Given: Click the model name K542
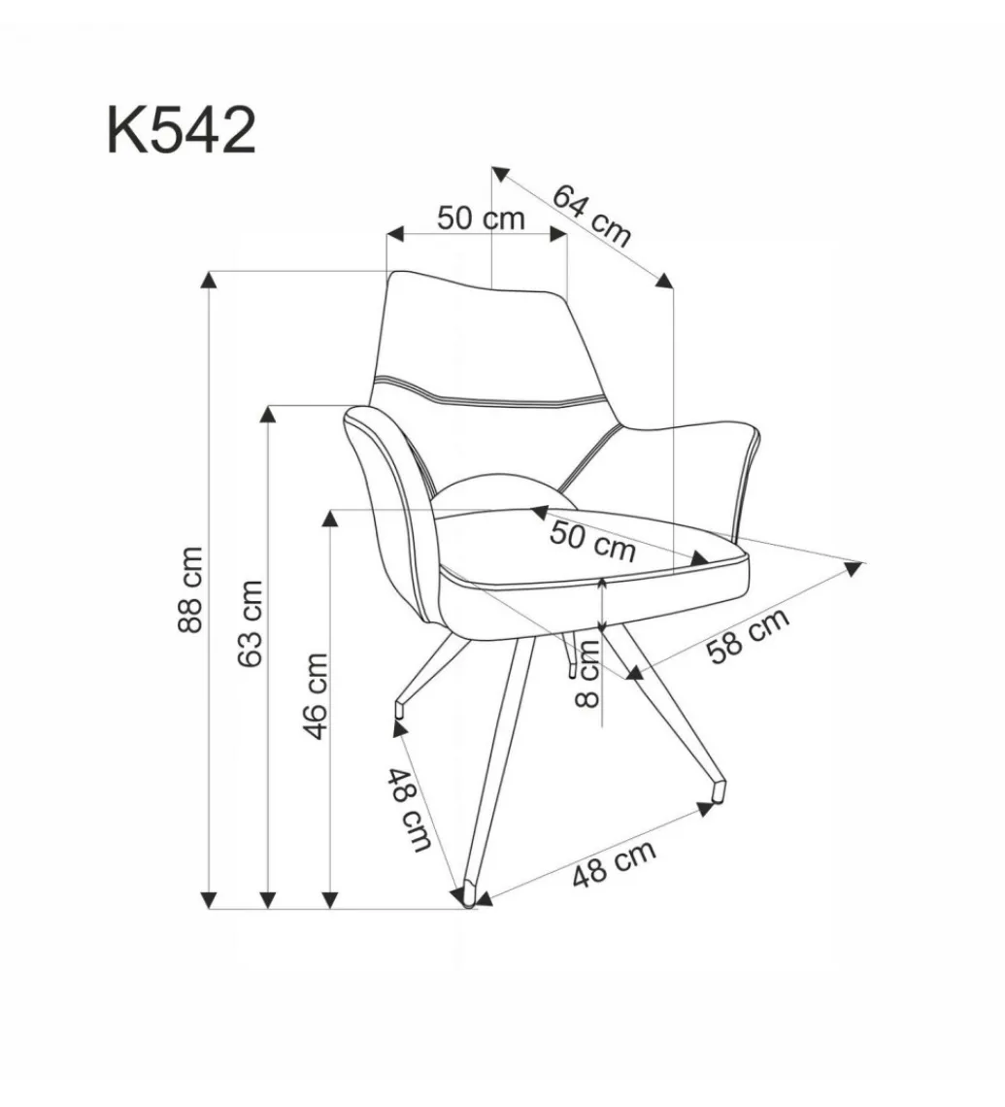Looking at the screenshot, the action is (x=181, y=130).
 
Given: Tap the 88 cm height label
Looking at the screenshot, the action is (x=191, y=588).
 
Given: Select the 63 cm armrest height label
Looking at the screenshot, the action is (x=251, y=623).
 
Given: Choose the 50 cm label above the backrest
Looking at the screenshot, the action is (x=482, y=218).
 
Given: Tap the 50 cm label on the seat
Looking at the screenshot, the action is (x=593, y=541).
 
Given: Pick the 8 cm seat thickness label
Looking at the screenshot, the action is (x=587, y=673).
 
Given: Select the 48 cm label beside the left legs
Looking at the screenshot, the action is (x=410, y=809).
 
